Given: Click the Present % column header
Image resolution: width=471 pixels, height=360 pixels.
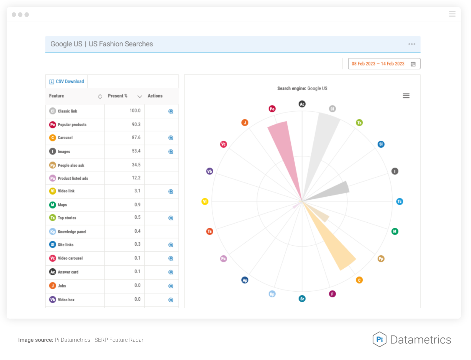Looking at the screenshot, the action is click(117, 96).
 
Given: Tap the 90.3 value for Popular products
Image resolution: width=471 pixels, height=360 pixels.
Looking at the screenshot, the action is click(136, 124).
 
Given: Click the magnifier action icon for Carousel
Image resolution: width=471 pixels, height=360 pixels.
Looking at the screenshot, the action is click(171, 138).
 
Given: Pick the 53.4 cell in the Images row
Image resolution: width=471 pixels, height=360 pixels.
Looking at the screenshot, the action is click(136, 151).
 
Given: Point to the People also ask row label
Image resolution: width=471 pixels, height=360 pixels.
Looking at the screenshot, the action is click(71, 165).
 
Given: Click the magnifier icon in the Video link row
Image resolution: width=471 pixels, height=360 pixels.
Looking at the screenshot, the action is click(171, 192).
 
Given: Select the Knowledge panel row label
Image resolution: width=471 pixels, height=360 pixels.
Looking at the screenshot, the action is click(72, 232).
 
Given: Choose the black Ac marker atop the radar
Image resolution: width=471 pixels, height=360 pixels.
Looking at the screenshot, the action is click(302, 104).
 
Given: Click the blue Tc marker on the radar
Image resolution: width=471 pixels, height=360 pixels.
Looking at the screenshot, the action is click(400, 201).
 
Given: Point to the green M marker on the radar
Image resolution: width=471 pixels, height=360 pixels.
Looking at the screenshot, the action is click(395, 231).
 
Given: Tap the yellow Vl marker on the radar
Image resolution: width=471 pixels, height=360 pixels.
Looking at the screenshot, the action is click(205, 201).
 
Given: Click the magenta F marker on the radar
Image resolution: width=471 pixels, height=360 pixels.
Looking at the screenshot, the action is click(332, 294).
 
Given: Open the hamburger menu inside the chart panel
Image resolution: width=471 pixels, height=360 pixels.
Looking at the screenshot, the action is click(406, 96).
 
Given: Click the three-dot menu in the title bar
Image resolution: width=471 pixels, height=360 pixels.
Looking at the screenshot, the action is click(412, 44).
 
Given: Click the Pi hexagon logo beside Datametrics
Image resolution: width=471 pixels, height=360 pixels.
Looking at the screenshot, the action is click(380, 339).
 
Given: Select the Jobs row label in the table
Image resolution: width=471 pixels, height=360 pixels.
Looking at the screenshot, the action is click(62, 286).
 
